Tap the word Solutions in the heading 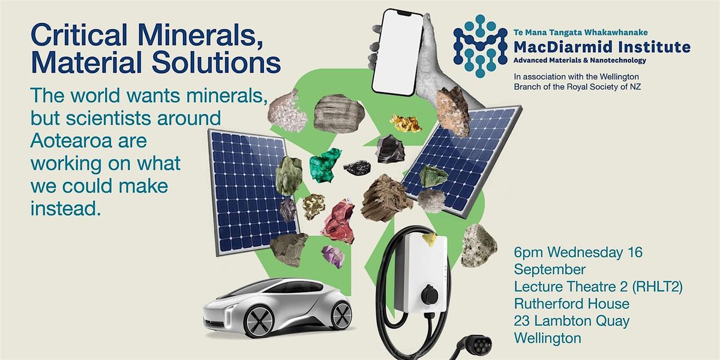tap(217, 62)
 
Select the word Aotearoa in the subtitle tap(88, 141)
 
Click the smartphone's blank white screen tap(397, 52)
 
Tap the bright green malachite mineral tap(325, 164)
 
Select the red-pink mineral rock tap(339, 221)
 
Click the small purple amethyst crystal tap(334, 257)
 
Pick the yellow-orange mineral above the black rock tap(406, 123)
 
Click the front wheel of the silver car tap(259, 321)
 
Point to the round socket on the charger tap(430, 293)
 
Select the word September tap(550, 269)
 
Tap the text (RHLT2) tap(658, 287)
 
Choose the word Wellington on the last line tap(548, 338)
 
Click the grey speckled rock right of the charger tap(479, 245)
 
